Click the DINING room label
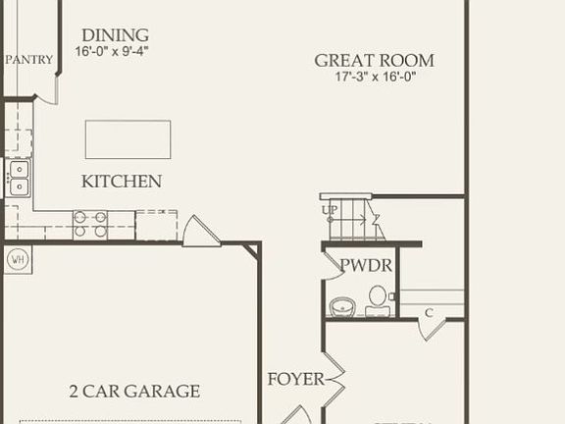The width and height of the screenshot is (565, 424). click(115, 34)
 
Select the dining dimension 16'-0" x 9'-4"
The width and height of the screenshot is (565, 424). click(114, 51)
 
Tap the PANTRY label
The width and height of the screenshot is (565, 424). click(28, 60)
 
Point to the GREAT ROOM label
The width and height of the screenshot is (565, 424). click(374, 61)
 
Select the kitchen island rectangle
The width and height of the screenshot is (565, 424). click(128, 139)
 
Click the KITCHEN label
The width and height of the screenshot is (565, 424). click(122, 182)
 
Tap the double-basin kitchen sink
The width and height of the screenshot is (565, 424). click(19, 178)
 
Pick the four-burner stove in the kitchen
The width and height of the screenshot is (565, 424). click(91, 225)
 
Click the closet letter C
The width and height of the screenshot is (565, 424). click(429, 313)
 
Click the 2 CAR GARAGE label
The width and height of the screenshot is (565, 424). click(134, 392)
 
